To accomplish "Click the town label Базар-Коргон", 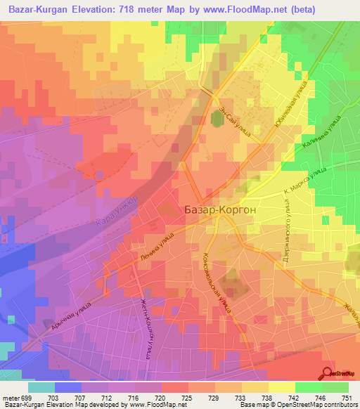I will click(225, 209).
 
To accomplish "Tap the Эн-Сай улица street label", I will click(235, 112).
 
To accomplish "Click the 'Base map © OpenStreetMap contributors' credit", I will click(296, 405).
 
